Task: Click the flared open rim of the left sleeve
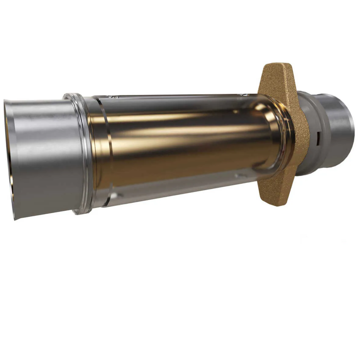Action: [9, 159]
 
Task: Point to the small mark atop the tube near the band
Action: [111, 97]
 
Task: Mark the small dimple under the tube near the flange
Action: [241, 176]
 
